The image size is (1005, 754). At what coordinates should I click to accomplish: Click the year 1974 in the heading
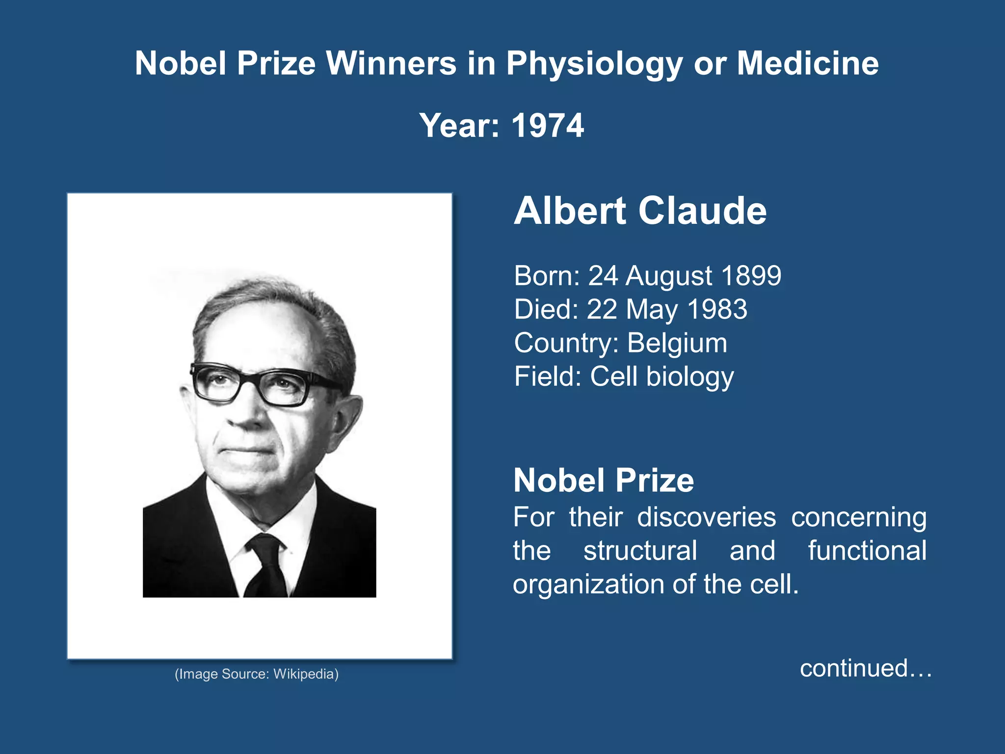pos(547,126)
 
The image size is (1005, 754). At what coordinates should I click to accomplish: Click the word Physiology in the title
pos(594,64)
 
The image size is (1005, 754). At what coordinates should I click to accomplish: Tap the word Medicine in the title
pos(807,64)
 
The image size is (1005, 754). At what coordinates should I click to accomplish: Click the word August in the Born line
pos(668,276)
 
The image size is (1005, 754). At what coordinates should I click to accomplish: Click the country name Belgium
pos(677,343)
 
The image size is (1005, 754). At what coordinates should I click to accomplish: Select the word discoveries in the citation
pos(707,517)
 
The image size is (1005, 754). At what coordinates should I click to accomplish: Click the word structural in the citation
pos(640,551)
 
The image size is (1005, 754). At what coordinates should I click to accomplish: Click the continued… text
pos(866,669)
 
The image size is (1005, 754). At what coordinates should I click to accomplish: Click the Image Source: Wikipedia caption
pos(257,674)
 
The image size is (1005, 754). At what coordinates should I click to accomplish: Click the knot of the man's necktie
pos(265,544)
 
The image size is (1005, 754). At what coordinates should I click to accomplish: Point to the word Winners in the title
pos(391,64)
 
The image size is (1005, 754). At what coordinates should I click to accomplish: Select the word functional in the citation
pos(867,551)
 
